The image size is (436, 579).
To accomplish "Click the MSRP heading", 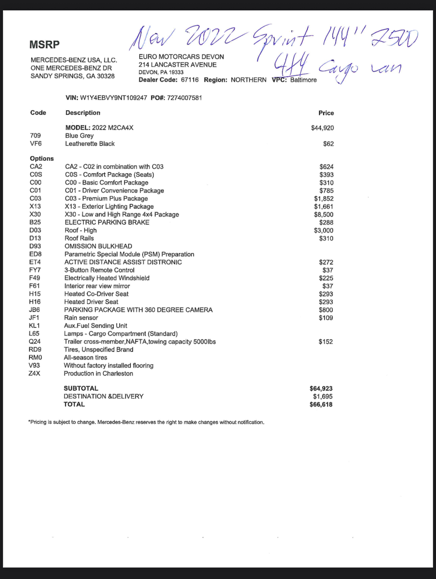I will [44, 45].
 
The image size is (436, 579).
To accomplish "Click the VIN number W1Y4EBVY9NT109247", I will [114, 98].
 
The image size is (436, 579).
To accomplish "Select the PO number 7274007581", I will [185, 98].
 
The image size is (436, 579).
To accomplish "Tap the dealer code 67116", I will [190, 80].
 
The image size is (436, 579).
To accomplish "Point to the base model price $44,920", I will [322, 128].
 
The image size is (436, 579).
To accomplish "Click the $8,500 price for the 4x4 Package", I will [324, 214].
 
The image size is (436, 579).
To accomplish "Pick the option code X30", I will [35, 214].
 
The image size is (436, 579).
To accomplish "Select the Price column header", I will [326, 113].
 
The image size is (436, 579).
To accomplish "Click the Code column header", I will [38, 113].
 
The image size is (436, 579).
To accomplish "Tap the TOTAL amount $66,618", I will [321, 404].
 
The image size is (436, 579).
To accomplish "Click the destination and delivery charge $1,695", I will [322, 396].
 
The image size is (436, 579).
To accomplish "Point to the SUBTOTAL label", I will [81, 389].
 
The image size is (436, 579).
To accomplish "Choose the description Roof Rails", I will [79, 238].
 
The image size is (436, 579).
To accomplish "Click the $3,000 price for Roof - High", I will [324, 230].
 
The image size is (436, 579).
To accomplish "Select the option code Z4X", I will [34, 373].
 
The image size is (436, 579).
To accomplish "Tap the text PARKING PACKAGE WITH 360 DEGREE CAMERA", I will [138, 310].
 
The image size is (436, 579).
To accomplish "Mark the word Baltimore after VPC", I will [303, 80].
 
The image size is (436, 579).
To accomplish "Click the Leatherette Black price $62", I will [328, 144].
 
